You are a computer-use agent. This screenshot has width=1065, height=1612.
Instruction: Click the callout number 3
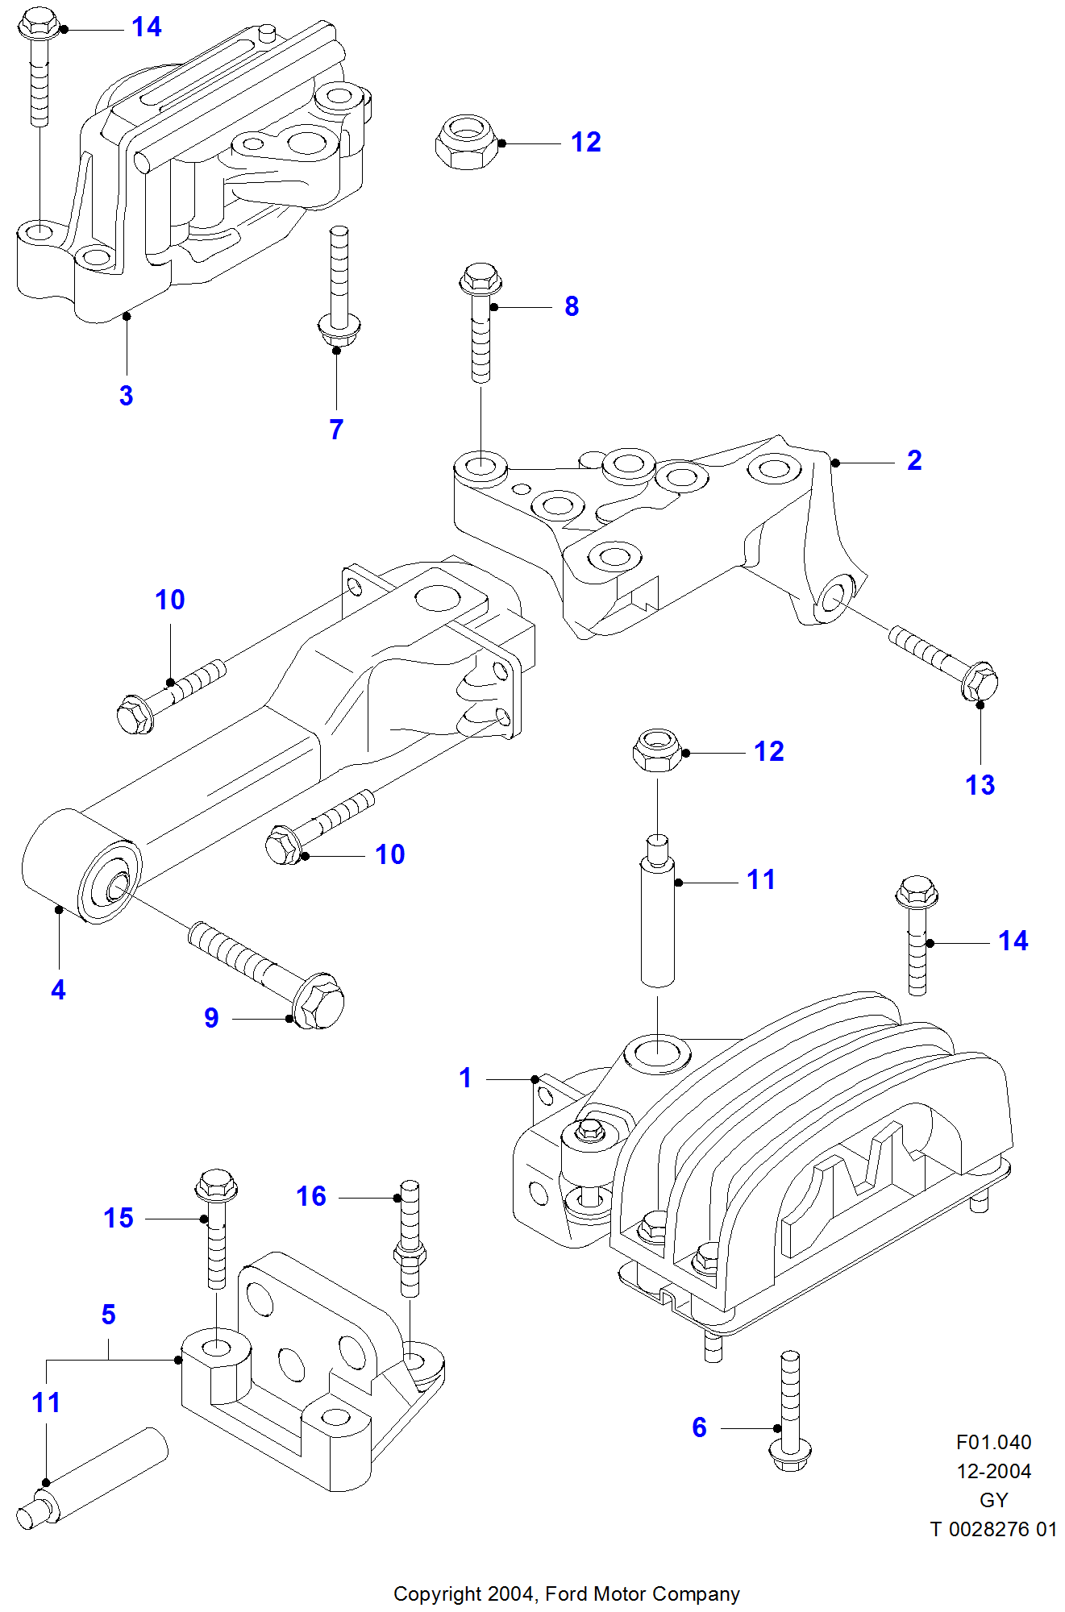(126, 396)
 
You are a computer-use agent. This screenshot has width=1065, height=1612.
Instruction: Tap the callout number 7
(336, 430)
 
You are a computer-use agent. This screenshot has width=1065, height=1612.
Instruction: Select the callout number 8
(572, 306)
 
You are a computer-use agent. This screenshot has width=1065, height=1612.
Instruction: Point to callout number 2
(914, 460)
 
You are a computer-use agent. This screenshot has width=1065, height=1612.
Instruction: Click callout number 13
(980, 785)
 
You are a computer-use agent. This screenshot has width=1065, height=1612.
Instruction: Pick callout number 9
(211, 1018)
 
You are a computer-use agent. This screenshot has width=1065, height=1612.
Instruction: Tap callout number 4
(58, 990)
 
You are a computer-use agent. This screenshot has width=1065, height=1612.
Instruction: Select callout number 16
(311, 1196)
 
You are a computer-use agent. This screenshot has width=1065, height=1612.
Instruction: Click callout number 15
(119, 1218)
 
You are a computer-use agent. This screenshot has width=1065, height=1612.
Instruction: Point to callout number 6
(700, 1427)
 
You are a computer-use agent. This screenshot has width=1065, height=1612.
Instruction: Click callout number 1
(465, 1078)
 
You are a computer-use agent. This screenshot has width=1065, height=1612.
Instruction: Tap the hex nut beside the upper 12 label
(467, 143)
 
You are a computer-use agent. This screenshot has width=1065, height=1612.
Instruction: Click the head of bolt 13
(980, 683)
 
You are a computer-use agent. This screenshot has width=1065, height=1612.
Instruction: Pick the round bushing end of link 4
(109, 883)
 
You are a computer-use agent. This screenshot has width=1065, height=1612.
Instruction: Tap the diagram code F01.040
(993, 1442)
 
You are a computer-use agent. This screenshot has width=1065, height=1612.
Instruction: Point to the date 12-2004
(993, 1471)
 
